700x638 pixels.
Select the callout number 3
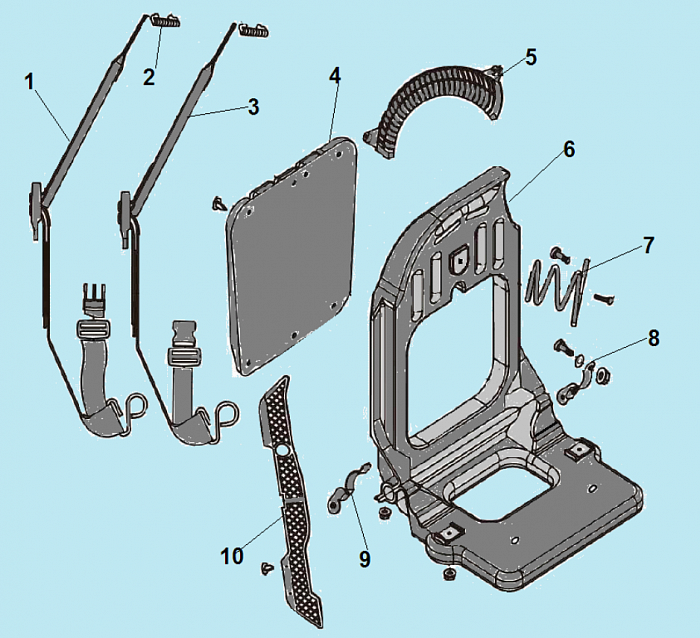(x=254, y=106)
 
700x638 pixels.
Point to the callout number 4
(x=335, y=75)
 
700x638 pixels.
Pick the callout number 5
(x=530, y=56)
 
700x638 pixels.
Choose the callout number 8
(x=653, y=338)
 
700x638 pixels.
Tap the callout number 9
(x=364, y=559)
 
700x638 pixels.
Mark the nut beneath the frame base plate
(x=449, y=574)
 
